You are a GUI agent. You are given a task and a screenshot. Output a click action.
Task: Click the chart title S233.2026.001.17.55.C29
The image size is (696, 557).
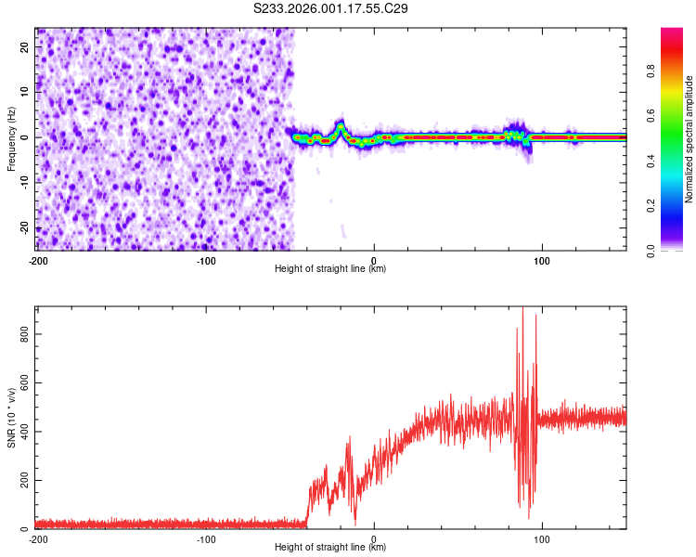tap(331, 8)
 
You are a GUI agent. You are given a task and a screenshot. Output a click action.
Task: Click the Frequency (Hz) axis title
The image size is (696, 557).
tap(11, 137)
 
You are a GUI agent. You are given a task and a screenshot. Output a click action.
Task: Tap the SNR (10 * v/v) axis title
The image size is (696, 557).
tap(11, 419)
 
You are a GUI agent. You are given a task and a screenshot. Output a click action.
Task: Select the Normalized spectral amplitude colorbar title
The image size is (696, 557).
tap(690, 138)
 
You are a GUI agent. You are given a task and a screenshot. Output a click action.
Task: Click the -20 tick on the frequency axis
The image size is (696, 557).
tap(24, 227)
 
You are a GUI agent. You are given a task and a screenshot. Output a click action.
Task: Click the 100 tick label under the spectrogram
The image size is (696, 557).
tap(542, 260)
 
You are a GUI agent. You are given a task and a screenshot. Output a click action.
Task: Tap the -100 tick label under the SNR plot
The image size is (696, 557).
tap(206, 538)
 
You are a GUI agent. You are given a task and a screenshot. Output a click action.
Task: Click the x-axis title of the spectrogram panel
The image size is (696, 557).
tap(330, 269)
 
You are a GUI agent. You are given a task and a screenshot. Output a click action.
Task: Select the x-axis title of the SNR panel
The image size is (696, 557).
tap(330, 548)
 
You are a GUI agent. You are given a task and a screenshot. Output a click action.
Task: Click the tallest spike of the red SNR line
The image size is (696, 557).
tap(522, 309)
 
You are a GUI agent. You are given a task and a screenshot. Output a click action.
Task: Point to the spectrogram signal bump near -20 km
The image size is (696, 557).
tap(341, 126)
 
